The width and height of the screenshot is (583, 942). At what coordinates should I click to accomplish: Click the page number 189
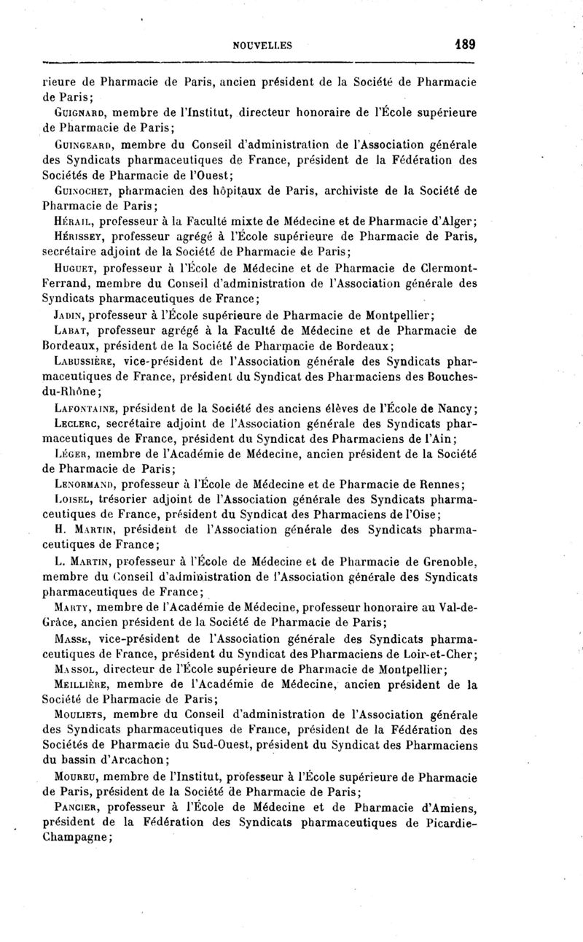pos(463,44)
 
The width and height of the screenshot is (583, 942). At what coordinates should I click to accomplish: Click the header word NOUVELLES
pos(262,45)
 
